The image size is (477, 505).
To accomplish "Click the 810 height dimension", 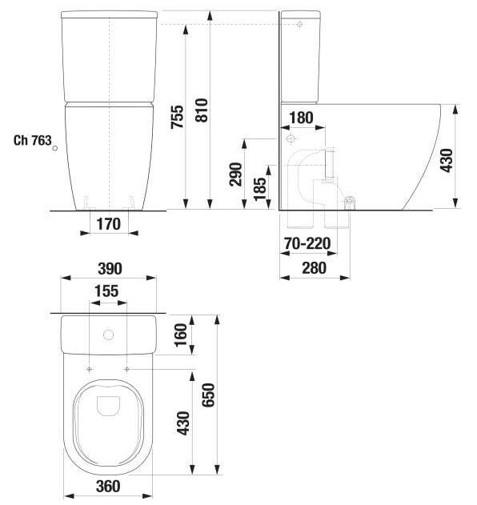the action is pos(202,110).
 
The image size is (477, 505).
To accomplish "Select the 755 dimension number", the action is pos(177,117).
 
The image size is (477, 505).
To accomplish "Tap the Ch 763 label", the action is pos(33,140).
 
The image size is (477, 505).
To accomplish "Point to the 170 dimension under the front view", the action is pos(109,224).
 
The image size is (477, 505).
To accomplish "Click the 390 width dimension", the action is pos(110,269).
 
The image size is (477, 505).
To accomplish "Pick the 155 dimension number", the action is pos(106,291).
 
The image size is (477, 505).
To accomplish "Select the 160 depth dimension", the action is pos(181,335).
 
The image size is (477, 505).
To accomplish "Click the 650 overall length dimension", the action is pos(208,395).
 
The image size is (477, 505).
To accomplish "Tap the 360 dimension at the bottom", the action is pos(108,487).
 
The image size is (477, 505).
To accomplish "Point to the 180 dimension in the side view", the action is pos(301,118).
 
